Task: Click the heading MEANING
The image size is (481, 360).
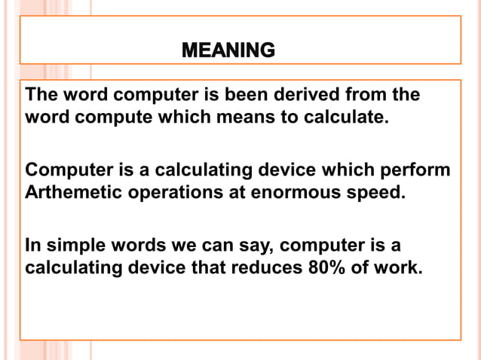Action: coord(228,51)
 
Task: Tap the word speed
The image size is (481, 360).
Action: coord(375,191)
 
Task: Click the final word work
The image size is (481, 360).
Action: coord(397,267)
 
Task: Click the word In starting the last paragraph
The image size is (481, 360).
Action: coord(33,245)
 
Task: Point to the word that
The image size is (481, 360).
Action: coord(208,267)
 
